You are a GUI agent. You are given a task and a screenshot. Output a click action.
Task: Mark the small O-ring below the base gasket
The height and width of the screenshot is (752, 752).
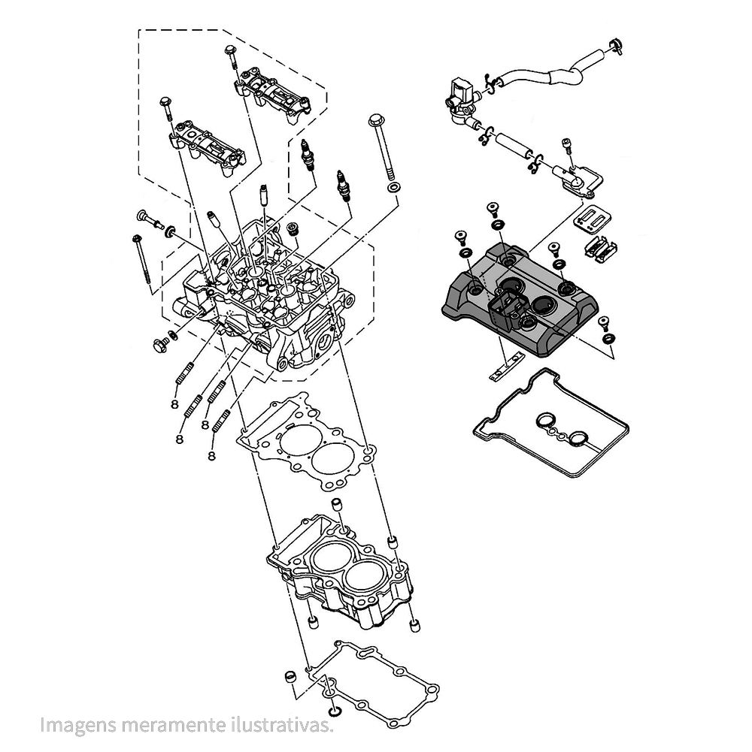click(x=334, y=711)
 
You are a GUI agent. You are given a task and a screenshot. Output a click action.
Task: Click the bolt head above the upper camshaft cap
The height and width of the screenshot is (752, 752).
click(x=229, y=51)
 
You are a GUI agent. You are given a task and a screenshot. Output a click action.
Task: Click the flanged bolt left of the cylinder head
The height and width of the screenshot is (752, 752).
click(x=160, y=346)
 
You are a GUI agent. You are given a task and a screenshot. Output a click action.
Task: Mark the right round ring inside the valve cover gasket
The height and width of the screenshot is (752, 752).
click(x=577, y=438)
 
